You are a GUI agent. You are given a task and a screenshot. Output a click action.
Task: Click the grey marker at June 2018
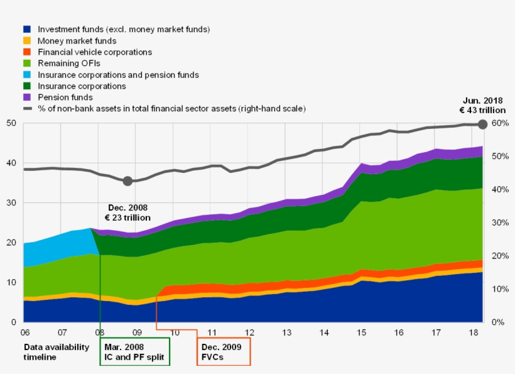click(482, 124)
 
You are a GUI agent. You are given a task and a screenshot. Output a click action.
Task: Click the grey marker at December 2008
click(127, 181)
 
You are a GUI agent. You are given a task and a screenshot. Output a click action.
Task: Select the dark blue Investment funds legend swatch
click(26, 30)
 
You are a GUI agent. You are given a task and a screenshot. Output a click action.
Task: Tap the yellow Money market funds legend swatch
click(26, 41)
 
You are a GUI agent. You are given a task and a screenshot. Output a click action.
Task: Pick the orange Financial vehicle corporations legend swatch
click(26, 52)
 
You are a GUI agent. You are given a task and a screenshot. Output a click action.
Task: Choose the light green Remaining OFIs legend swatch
click(26, 63)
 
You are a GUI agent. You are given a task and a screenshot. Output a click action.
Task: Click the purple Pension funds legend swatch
click(26, 97)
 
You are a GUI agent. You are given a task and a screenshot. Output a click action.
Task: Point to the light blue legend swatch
click(26, 75)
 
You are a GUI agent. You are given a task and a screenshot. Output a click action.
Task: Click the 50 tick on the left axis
click(11, 123)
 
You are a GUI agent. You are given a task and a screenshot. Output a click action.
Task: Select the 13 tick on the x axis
click(286, 333)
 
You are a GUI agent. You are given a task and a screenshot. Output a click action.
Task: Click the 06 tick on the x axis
click(24, 333)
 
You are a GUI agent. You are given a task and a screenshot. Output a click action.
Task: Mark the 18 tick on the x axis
click(474, 333)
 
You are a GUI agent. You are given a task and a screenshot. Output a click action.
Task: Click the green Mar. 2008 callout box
click(134, 351)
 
